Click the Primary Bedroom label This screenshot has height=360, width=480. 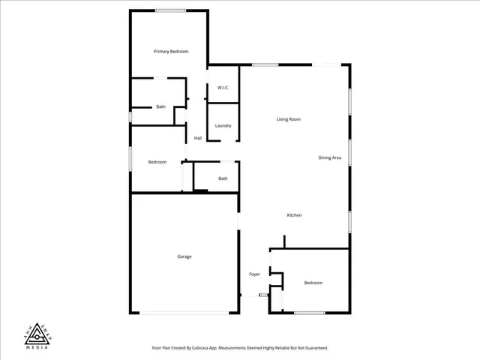(171, 52)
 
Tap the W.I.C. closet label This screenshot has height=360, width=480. (223, 88)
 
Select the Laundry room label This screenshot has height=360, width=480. (223, 126)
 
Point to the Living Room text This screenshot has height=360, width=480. (289, 119)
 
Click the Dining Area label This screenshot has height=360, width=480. (330, 157)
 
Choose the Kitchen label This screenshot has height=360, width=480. (295, 216)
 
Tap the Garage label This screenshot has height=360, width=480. (184, 256)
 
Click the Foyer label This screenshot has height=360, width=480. (255, 274)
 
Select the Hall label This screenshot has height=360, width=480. (198, 138)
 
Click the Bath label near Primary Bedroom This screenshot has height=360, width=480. (160, 107)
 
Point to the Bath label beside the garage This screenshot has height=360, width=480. (223, 178)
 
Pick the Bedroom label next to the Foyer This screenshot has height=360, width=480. (313, 283)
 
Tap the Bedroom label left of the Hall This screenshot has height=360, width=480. (157, 163)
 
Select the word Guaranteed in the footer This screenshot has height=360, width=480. (314, 348)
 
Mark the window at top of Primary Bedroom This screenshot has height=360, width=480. (171, 10)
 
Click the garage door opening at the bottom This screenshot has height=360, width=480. (184, 312)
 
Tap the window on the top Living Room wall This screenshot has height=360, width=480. (265, 65)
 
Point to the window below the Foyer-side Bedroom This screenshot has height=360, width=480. (309, 312)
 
